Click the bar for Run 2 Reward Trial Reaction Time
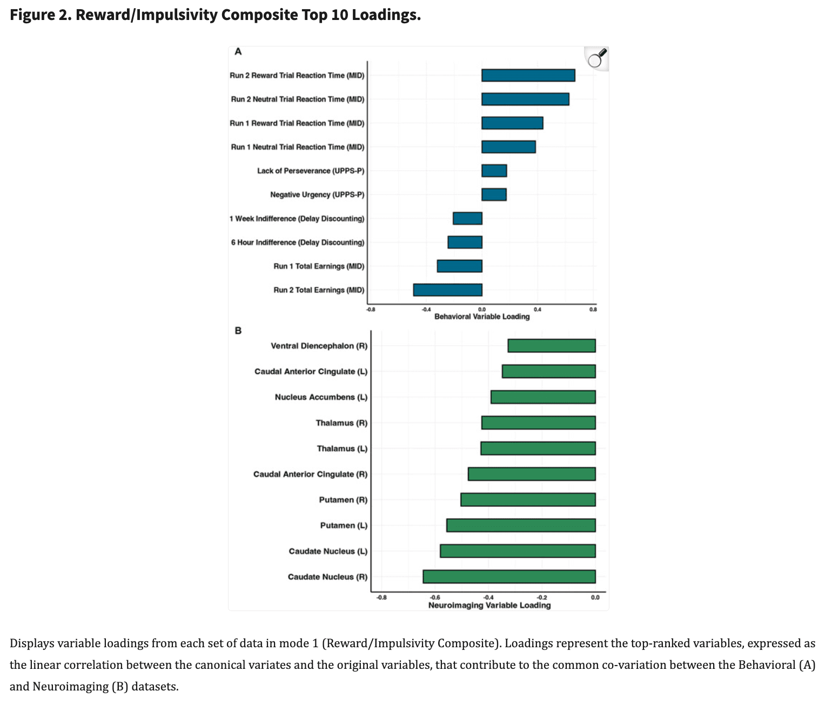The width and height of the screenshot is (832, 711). click(528, 75)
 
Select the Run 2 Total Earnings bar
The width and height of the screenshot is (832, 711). click(447, 290)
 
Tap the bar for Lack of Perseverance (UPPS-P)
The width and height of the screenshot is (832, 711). click(494, 171)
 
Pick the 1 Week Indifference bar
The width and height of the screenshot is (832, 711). click(467, 218)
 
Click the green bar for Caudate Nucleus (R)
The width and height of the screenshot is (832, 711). click(509, 576)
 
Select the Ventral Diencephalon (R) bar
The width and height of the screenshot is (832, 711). click(551, 346)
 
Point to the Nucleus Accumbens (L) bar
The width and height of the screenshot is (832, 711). click(543, 397)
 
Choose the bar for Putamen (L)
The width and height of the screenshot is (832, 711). click(521, 525)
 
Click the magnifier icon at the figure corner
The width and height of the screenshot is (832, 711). click(597, 58)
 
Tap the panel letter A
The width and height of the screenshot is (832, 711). click(238, 52)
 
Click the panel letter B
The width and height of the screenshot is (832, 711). click(238, 331)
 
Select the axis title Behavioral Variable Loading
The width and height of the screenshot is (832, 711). click(482, 317)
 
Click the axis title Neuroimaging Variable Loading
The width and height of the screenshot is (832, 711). click(489, 606)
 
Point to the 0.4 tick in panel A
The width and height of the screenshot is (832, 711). click(537, 309)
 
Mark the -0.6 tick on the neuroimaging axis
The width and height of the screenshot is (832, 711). click(435, 598)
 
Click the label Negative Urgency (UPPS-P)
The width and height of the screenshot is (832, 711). click(317, 194)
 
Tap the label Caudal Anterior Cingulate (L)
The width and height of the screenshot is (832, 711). click(311, 372)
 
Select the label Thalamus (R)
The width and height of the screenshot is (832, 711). click(341, 423)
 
